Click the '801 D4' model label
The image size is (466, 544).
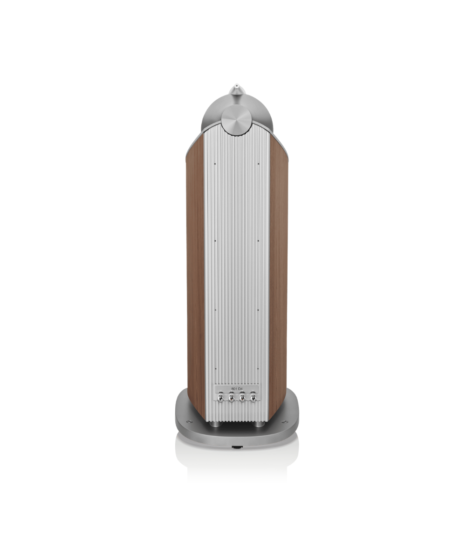[x=237, y=389]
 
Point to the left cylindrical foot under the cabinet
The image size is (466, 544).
[x=215, y=424]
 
